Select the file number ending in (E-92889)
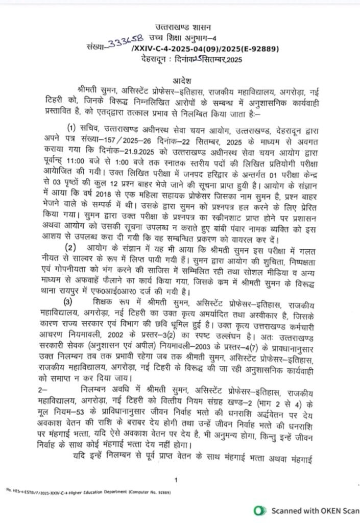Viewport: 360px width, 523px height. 191,49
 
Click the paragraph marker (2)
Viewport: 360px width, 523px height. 70,248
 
